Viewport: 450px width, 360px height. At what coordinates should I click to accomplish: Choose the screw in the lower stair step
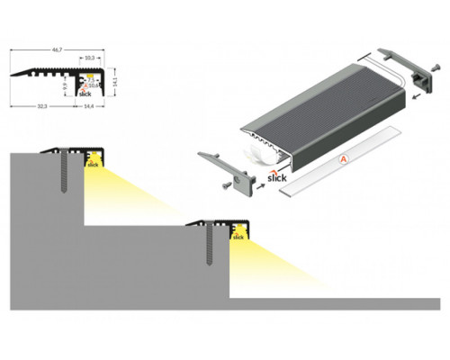click(208, 247)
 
